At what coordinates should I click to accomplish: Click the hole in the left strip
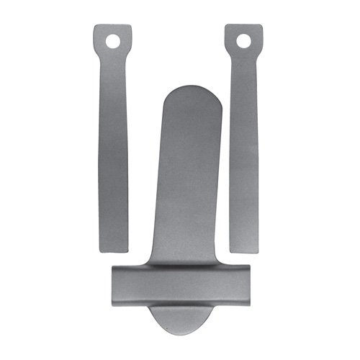112,41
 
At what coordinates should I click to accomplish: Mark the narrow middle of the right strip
246,144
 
